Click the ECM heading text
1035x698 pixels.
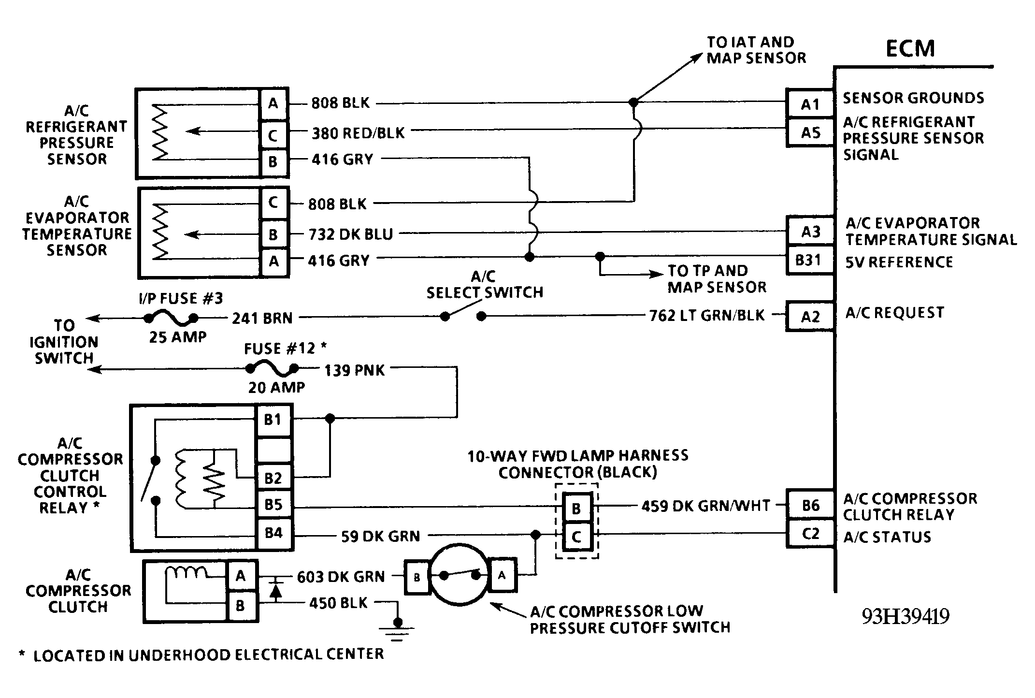tap(910, 48)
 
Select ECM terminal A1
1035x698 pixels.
tap(810, 103)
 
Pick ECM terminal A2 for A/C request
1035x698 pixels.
tap(810, 317)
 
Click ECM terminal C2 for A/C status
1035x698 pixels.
tap(810, 534)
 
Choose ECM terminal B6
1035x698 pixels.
tap(810, 505)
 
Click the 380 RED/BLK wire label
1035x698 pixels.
tap(358, 133)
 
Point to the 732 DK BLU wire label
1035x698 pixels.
tap(351, 234)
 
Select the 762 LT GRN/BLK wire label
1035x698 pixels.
tap(707, 315)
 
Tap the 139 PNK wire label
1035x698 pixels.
tap(354, 370)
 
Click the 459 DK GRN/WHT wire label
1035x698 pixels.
tap(705, 506)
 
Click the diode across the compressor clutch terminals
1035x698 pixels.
tap(275, 590)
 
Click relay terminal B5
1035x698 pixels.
tap(273, 505)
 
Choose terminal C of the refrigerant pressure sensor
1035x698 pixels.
tap(273, 135)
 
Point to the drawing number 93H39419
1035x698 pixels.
tap(906, 616)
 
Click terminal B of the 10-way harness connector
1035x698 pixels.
tap(576, 508)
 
